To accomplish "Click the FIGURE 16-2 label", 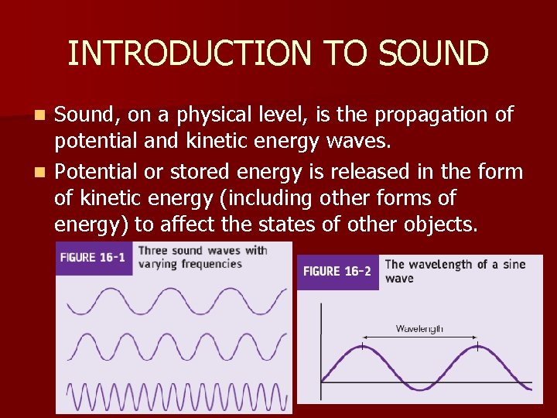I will (x=337, y=272).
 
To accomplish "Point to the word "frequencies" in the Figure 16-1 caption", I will (x=205, y=263).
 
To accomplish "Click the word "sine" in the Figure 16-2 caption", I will (x=511, y=265).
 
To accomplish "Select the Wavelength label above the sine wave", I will (x=419, y=328).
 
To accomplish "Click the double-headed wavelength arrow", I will (x=419, y=337).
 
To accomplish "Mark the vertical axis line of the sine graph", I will (x=321, y=348).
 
